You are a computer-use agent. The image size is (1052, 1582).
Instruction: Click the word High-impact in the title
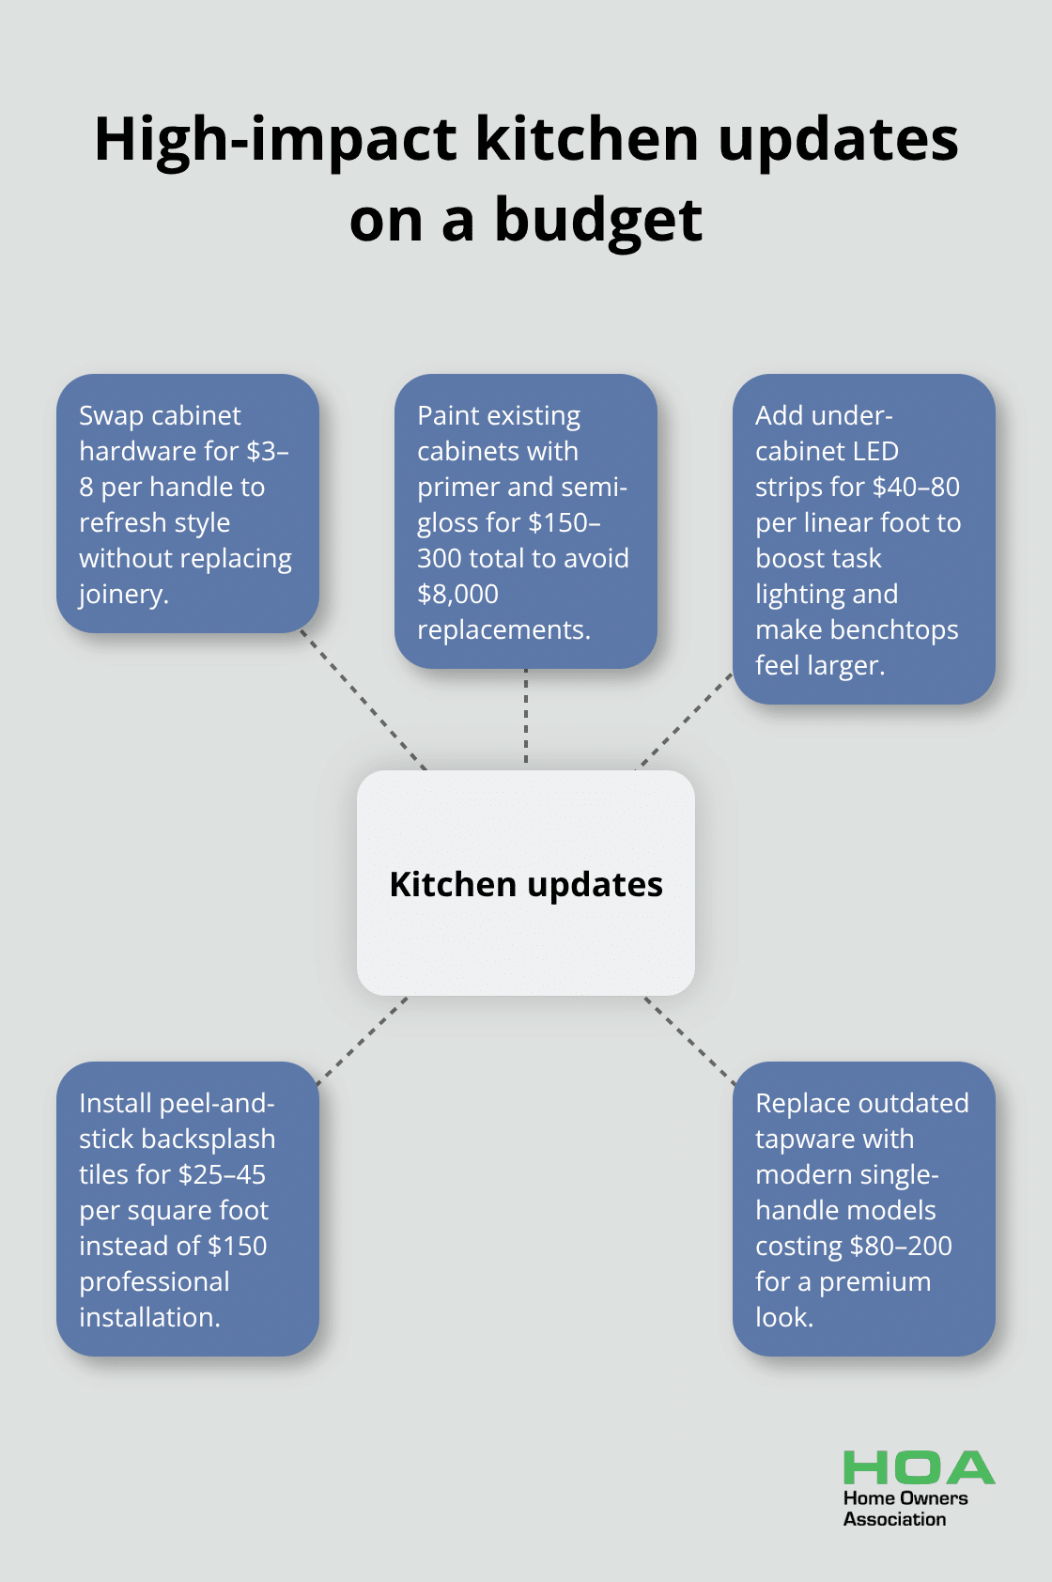tap(276, 141)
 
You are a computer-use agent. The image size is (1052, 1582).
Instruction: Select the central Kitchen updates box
tap(526, 883)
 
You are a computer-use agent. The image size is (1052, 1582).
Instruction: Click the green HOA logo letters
tap(918, 1467)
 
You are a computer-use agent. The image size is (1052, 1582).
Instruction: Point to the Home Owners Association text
tap(905, 1508)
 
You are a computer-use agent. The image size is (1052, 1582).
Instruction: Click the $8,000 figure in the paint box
tap(457, 594)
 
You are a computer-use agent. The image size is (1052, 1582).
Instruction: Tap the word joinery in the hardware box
tap(122, 594)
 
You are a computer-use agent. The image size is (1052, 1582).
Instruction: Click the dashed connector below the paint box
tap(526, 716)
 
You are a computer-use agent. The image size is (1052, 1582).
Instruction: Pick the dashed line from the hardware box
tap(364, 701)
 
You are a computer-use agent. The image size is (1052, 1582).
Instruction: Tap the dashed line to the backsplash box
tap(363, 1041)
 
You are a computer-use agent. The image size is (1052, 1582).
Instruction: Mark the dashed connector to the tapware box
tap(690, 1041)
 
